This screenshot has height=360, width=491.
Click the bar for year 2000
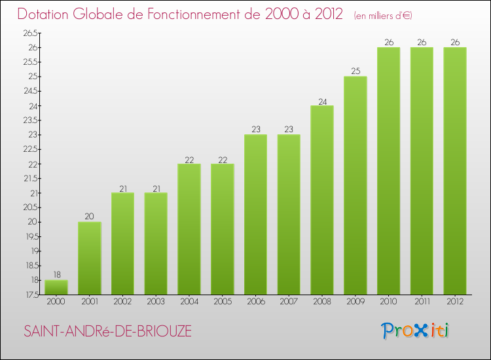click(x=56, y=287)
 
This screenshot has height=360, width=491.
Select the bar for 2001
click(x=90, y=258)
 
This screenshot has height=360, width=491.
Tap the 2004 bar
click(x=189, y=229)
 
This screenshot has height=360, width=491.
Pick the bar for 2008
click(x=322, y=200)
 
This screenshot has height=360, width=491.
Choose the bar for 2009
click(x=355, y=185)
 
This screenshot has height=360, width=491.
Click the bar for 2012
click(x=455, y=171)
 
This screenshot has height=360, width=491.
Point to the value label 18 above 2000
click(x=56, y=275)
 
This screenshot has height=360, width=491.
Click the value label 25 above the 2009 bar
click(x=355, y=71)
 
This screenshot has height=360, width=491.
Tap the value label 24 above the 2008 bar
click(x=322, y=101)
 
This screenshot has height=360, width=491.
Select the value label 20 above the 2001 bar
click(x=90, y=217)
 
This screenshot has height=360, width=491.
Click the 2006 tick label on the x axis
click(x=255, y=302)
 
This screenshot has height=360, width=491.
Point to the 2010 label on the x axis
click(x=388, y=302)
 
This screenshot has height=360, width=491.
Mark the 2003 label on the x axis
click(x=156, y=302)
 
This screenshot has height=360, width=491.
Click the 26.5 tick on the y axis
click(x=29, y=33)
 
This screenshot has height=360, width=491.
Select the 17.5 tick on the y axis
click(x=29, y=295)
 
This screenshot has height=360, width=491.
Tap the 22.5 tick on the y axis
click(x=29, y=149)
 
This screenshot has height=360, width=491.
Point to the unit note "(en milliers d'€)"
click(x=383, y=16)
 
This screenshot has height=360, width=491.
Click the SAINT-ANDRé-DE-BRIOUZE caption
click(x=108, y=331)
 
